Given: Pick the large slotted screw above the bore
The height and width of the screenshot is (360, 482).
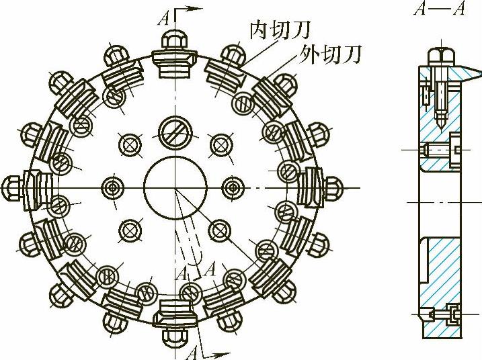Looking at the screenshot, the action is tap(173, 132).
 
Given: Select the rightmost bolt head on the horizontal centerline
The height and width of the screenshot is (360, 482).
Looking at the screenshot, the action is tap(334, 186).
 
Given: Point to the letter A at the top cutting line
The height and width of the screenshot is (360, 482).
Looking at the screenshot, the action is tap(163, 18).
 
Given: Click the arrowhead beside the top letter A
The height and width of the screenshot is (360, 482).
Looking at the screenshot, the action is tap(195, 9).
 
